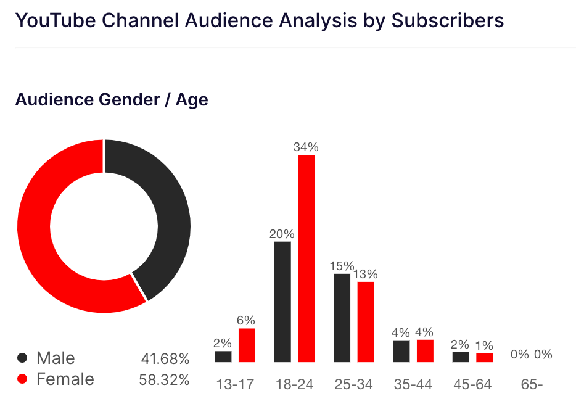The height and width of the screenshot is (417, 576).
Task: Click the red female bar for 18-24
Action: [x=307, y=258]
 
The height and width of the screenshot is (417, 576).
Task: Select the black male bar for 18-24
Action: [x=282, y=302]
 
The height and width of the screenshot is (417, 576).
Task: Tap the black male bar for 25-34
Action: [x=342, y=318]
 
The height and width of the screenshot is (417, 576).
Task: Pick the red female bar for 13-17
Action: [x=247, y=345]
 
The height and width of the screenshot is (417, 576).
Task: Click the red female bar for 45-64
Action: [x=485, y=358]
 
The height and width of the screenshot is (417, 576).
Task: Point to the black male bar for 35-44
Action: [x=401, y=351]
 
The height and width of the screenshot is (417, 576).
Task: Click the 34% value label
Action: [x=307, y=147]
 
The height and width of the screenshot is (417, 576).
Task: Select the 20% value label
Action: [x=282, y=234]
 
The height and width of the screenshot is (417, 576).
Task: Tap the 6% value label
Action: [x=247, y=321]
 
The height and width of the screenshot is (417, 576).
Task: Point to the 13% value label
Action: [x=366, y=275]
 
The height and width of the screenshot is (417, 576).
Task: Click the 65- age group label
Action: [x=532, y=384]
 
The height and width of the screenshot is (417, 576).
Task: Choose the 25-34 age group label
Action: [x=354, y=384]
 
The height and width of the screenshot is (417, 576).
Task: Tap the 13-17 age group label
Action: [x=235, y=384]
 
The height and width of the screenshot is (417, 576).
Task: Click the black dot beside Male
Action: [x=23, y=358]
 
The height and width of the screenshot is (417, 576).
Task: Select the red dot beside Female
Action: [x=23, y=379]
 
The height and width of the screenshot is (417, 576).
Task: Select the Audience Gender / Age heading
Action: [x=112, y=99]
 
